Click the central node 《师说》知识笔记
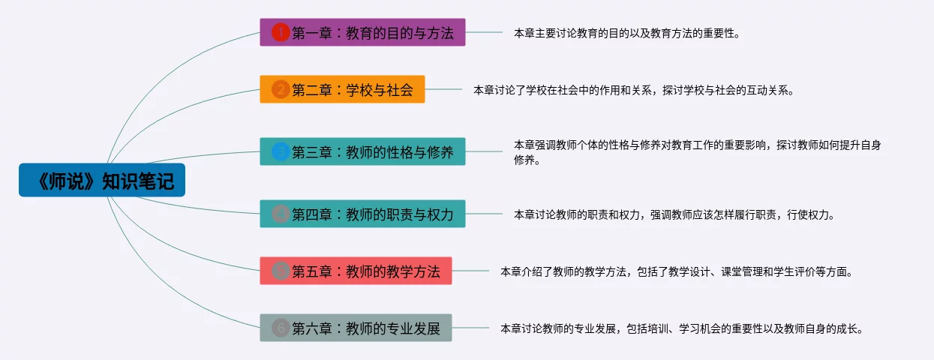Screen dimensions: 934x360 pos(102,180)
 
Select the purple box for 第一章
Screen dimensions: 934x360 pos(362,32)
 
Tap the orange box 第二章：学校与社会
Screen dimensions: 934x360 pos(342,89)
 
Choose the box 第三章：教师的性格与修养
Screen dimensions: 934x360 pos(362,151)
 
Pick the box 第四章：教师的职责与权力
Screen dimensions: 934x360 pos(362,214)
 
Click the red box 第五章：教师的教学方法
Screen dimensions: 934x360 pos(356,271)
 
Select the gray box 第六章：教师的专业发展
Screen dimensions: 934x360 pos(356,328)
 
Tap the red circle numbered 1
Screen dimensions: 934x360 pos(281,32)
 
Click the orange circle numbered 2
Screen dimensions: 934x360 pos(281,89)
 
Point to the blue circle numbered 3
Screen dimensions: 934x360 pos(281,151)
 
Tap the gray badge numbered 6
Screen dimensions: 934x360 pos(281,328)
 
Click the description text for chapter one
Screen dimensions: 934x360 pos(626,33)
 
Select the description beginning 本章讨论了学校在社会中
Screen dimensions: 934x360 pos(633,90)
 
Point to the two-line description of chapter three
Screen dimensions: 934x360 pos(697,152)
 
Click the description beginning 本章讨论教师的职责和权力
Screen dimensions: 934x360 pos(674,214)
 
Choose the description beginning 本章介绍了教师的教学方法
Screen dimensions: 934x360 pos(677,271)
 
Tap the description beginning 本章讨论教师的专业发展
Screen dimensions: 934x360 pos(682,328)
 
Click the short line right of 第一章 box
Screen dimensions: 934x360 pos(484,32)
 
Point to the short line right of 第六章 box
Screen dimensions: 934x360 pos(470,328)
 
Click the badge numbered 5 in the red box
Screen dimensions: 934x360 pos(281,271)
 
